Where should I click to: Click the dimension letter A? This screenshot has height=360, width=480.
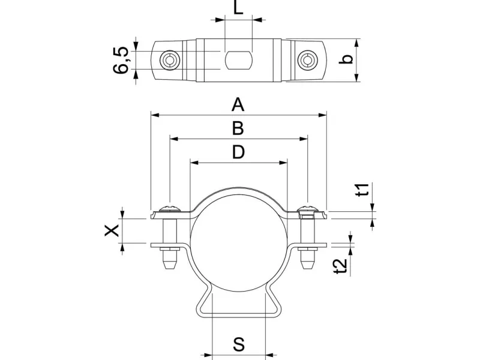238,105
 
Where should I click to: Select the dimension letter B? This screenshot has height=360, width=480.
238,128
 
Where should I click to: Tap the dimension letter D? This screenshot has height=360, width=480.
238,152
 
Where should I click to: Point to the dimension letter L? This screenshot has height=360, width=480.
239,8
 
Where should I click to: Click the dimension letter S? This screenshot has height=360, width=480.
239,344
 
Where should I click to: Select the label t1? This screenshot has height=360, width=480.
362,190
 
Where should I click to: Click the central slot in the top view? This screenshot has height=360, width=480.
238,60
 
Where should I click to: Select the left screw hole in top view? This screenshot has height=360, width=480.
170,60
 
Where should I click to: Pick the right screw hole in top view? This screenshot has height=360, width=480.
308,60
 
